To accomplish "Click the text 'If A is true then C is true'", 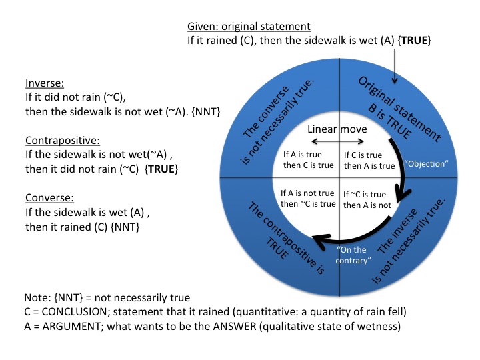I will [307, 160].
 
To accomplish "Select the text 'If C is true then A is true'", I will [368, 160].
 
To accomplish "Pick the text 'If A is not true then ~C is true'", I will [306, 198].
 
